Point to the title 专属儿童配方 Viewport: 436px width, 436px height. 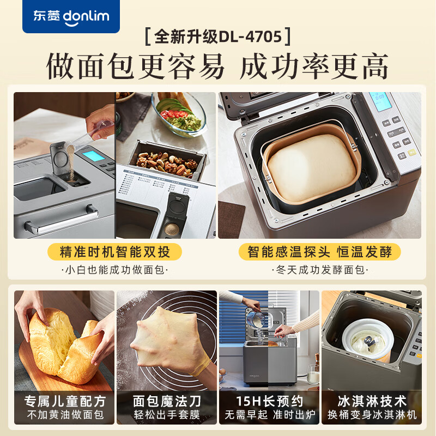click(x=64, y=401)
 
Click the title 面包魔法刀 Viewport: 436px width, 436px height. click(x=166, y=401)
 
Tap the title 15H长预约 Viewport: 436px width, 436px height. click(x=269, y=401)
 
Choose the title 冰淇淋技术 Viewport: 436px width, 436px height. click(x=371, y=401)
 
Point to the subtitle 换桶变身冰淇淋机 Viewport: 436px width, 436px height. click(x=371, y=415)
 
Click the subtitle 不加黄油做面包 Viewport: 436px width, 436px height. click(x=64, y=415)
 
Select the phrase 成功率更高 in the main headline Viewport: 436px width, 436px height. click(x=314, y=66)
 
